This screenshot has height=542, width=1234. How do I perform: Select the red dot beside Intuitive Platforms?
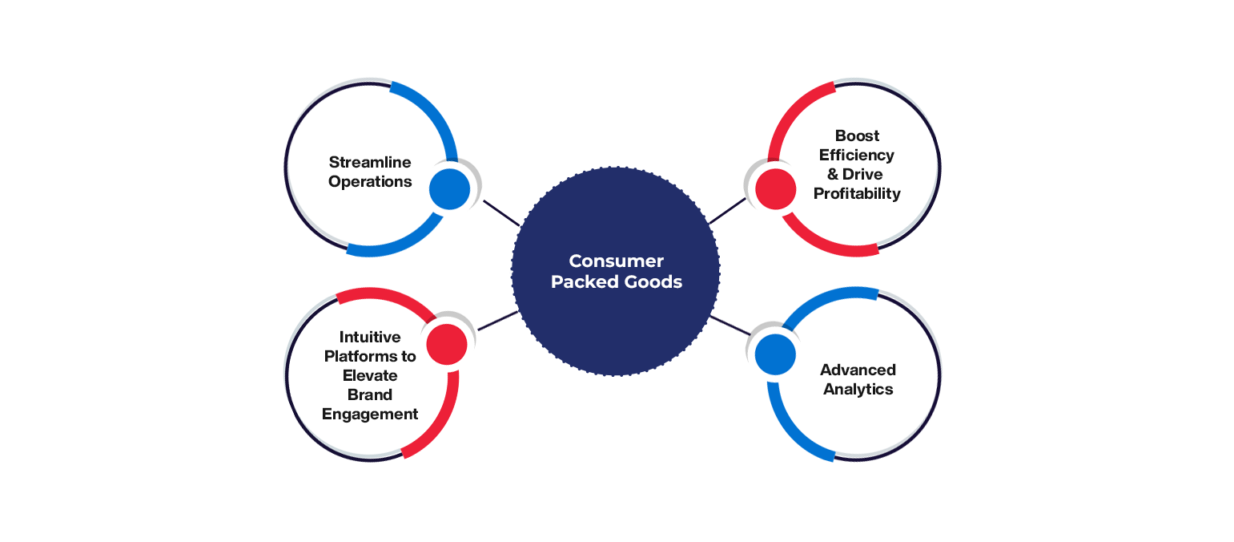pyautogui.click(x=447, y=345)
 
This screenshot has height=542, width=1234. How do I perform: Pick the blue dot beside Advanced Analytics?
pyautogui.click(x=775, y=354)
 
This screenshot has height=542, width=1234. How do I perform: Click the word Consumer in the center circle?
pyautogui.click(x=616, y=261)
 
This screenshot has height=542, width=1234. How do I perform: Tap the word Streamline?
pyautogui.click(x=370, y=163)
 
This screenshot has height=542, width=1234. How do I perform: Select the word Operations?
pyautogui.click(x=370, y=182)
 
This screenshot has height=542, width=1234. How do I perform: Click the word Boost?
pyautogui.click(x=857, y=135)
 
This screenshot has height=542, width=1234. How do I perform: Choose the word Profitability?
pyautogui.click(x=858, y=193)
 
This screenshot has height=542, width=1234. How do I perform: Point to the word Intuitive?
pyautogui.click(x=369, y=337)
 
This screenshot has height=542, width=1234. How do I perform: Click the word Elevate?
pyautogui.click(x=370, y=375)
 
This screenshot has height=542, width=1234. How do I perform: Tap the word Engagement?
pyautogui.click(x=370, y=414)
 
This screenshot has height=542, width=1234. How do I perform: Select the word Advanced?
pyautogui.click(x=858, y=370)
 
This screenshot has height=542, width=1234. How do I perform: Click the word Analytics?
pyautogui.click(x=858, y=389)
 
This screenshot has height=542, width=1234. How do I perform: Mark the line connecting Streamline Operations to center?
pyautogui.click(x=501, y=212)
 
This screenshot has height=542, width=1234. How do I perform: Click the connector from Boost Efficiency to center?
pyautogui.click(x=727, y=211)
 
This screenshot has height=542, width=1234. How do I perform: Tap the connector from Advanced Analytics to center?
pyautogui.click(x=729, y=325)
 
